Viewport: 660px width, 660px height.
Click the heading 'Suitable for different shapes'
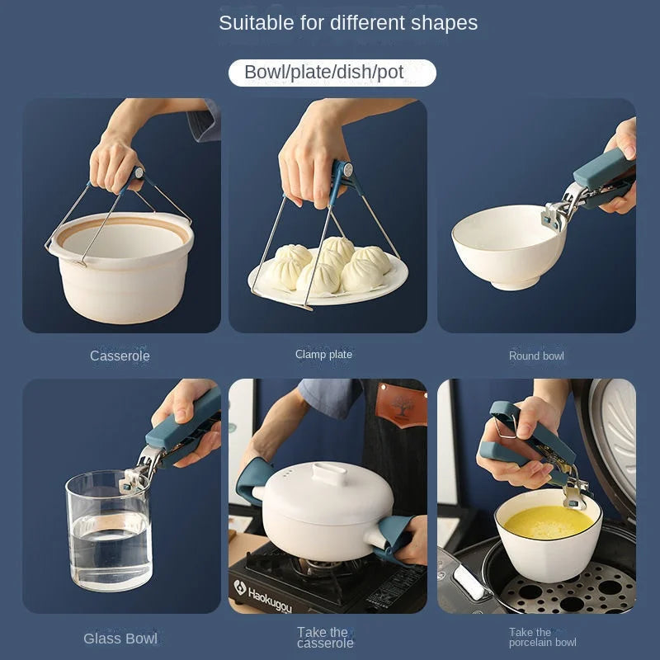click(x=347, y=23)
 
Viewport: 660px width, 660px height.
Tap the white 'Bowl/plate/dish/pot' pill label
click(x=331, y=73)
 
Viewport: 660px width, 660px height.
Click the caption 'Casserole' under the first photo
click(x=120, y=356)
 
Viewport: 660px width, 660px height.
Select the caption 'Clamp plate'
click(x=323, y=355)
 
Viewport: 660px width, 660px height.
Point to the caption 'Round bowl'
click(x=536, y=356)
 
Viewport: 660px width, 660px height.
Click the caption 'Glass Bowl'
click(x=120, y=638)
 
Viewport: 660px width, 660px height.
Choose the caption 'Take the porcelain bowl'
click(x=542, y=637)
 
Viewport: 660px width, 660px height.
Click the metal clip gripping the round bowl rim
click(x=556, y=212)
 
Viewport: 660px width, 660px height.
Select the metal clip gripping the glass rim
click(x=137, y=474)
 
